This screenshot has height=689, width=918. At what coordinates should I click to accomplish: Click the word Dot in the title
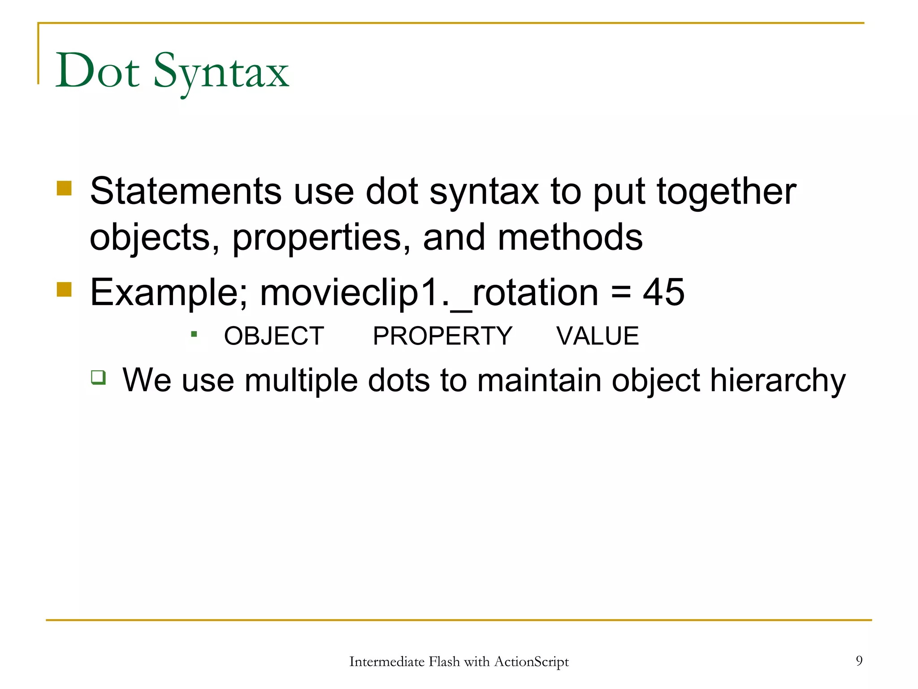tap(97, 71)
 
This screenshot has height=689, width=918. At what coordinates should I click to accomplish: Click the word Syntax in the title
tap(221, 73)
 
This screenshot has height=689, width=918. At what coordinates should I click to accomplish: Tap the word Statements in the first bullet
tap(185, 192)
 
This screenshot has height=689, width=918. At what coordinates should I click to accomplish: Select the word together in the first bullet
tap(727, 192)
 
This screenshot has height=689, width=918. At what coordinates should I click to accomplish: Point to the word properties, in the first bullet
tap(321, 238)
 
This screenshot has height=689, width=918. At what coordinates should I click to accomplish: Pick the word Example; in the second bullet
tap(169, 292)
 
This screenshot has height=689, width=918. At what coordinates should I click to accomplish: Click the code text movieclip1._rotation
tap(429, 292)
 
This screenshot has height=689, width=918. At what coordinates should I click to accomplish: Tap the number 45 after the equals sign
tap(663, 292)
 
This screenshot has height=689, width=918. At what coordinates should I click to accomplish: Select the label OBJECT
tap(274, 336)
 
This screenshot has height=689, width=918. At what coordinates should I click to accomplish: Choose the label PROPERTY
tap(442, 336)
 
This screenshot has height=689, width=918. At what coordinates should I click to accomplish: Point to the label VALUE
tap(598, 336)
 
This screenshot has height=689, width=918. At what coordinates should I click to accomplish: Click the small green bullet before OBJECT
tap(194, 334)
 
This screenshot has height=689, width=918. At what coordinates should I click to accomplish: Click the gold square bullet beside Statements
tap(64, 188)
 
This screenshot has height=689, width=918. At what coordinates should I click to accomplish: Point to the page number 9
tap(859, 660)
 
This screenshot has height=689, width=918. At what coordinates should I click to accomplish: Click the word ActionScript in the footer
tap(531, 662)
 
